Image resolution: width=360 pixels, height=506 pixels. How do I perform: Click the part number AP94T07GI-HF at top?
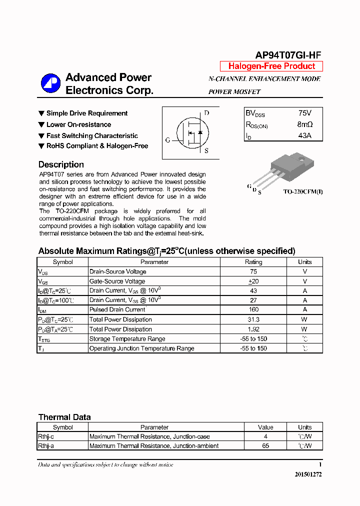pyautogui.click(x=288, y=55)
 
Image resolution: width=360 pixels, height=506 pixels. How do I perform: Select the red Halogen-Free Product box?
pyautogui.click(x=271, y=66)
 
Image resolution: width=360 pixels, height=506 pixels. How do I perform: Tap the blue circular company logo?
pyautogui.click(x=50, y=83)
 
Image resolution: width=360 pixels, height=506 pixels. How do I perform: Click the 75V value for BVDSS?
pyautogui.click(x=304, y=113)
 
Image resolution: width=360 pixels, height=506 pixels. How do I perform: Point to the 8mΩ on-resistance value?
pyautogui.click(x=304, y=124)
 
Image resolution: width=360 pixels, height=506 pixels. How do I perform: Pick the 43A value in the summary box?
pyautogui.click(x=304, y=135)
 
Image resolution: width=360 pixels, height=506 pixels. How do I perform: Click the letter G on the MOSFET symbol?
pyautogui.click(x=167, y=140)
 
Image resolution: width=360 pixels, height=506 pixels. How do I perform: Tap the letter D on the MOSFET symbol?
pyautogui.click(x=206, y=113)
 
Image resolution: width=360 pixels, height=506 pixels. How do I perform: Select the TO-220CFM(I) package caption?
pyautogui.click(x=302, y=191)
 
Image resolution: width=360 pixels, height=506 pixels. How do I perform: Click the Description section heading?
pyautogui.click(x=61, y=164)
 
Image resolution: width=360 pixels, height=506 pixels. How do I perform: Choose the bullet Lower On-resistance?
pyautogui.click(x=78, y=124)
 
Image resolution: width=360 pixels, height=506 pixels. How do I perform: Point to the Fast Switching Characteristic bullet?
pyautogui.click(x=92, y=135)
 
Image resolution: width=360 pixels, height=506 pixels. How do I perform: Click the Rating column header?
pyautogui.click(x=253, y=262)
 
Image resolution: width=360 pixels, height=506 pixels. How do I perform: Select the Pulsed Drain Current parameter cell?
pyautogui.click(x=117, y=310)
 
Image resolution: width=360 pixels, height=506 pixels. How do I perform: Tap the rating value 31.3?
pyautogui.click(x=253, y=319)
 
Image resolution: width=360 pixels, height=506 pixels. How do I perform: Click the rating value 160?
pyautogui.click(x=253, y=310)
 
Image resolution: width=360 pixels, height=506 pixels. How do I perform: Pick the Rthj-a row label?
pyautogui.click(x=45, y=446)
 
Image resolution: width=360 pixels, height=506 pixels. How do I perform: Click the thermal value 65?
pyautogui.click(x=265, y=446)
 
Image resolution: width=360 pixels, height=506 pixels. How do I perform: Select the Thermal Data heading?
pyautogui.click(x=64, y=417)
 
